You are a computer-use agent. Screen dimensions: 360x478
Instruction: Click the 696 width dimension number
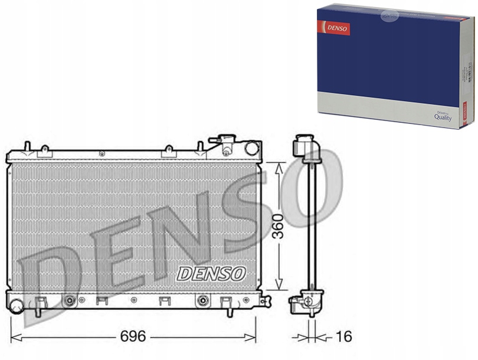pos(133,337)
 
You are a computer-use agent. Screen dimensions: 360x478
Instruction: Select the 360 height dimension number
pos(277,226)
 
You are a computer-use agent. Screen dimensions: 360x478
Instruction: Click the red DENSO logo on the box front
pos(334,27)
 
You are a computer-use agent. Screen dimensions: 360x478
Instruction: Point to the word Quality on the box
pos(443,117)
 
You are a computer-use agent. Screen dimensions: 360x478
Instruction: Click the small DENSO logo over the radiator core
pos(211,273)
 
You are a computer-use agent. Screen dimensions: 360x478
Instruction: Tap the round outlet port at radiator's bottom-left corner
pos(16,306)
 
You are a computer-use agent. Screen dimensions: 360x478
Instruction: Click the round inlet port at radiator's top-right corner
pos(252,148)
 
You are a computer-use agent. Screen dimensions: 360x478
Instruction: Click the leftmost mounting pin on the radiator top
pos(27,146)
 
